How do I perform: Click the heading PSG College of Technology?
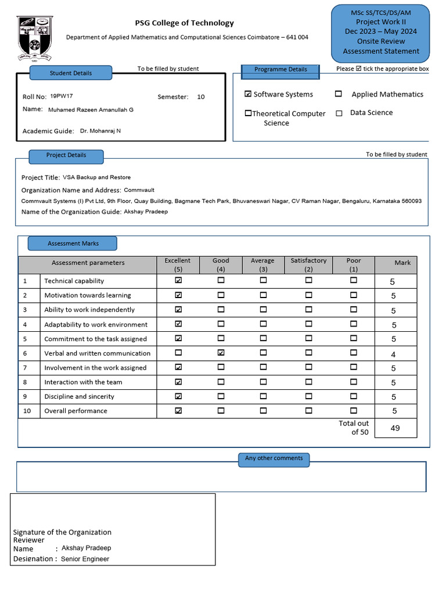[x=184, y=23]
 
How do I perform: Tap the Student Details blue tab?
[x=70, y=73]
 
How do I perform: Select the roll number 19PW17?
[x=62, y=96]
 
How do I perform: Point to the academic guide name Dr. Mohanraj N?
[x=100, y=131]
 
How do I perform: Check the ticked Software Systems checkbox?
[x=248, y=94]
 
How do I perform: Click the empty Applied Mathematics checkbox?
[x=338, y=94]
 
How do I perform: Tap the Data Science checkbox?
[x=339, y=113]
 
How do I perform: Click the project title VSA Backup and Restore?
[x=96, y=177]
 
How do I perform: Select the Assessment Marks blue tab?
[x=73, y=243]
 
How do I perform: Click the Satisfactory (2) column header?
[x=308, y=265]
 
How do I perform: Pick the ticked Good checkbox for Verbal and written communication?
[x=221, y=353]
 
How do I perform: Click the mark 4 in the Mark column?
[x=393, y=354]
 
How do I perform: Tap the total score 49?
[x=395, y=428]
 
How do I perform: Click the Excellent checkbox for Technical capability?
[x=178, y=280]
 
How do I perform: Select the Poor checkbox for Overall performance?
[x=354, y=410]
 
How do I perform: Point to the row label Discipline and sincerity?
[x=79, y=396]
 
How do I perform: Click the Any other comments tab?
[x=274, y=458]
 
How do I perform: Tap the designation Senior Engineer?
[x=85, y=559]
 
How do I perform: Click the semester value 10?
[x=201, y=97]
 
